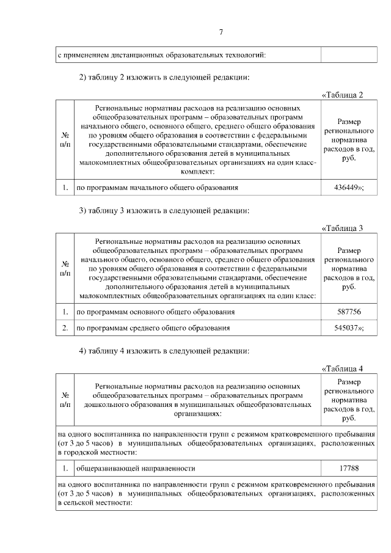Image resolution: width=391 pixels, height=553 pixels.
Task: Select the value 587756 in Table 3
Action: tap(349, 312)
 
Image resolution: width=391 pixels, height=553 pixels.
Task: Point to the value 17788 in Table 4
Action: tap(349, 469)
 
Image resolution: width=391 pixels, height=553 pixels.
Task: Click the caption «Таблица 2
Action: tap(342, 95)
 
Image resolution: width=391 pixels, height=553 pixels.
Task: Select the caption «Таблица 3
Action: tap(342, 229)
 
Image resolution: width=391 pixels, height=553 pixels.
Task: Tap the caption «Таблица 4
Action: tap(342, 368)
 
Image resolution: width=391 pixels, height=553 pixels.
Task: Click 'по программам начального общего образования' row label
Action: tap(157, 188)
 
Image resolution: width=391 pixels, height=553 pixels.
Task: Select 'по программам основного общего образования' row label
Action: tap(155, 312)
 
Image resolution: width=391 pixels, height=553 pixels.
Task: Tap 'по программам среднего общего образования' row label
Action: tap(153, 328)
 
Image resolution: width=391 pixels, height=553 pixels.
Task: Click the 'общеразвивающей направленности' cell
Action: tap(135, 469)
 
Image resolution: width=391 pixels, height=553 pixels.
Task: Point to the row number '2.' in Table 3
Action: tap(64, 328)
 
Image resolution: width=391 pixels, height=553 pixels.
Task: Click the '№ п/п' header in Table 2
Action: tap(65, 138)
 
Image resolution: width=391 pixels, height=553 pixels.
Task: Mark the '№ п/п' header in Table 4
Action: tap(65, 400)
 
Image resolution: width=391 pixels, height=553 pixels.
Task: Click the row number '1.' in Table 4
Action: tap(64, 469)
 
